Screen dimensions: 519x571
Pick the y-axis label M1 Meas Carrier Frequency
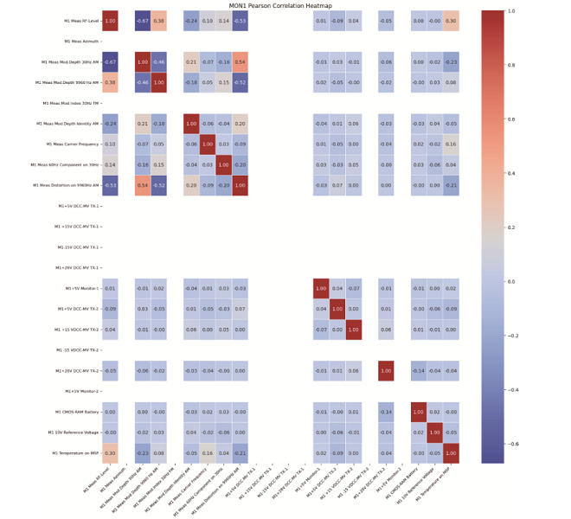coord(73,144)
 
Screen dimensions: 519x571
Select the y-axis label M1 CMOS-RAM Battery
coord(75,412)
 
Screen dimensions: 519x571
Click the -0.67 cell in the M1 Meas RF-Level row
coord(143,21)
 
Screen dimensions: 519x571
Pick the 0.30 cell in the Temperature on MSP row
coord(110,453)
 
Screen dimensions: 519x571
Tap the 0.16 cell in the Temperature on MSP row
coord(208,453)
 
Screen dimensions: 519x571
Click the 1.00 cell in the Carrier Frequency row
coord(208,144)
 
